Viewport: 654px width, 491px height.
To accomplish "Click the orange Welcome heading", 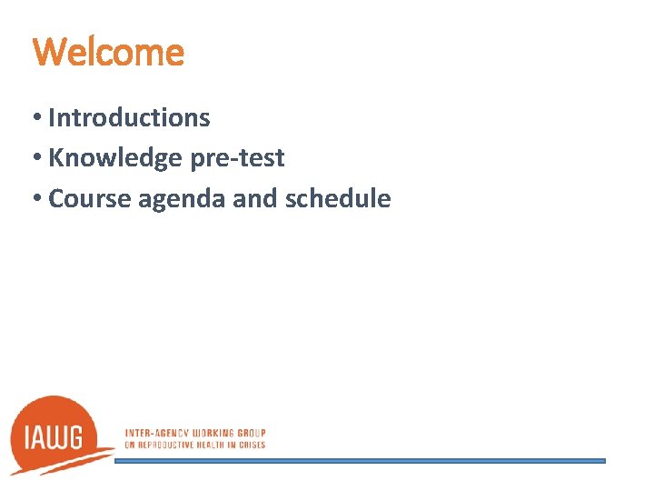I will tap(108, 52).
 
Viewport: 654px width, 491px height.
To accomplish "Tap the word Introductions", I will tap(129, 117).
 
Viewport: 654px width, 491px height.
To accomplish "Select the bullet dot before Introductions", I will tap(37, 118).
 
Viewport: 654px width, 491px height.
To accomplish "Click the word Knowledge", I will tap(114, 158).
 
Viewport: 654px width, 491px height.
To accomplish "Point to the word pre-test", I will tap(237, 158).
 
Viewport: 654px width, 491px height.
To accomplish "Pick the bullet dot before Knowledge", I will tap(37, 158).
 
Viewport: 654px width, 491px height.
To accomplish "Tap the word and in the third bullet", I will tap(254, 198).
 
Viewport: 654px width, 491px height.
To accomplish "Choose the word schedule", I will tap(338, 198).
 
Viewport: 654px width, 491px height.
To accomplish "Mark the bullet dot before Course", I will tap(37, 198).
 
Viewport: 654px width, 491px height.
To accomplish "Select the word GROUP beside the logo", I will tap(251, 434).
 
